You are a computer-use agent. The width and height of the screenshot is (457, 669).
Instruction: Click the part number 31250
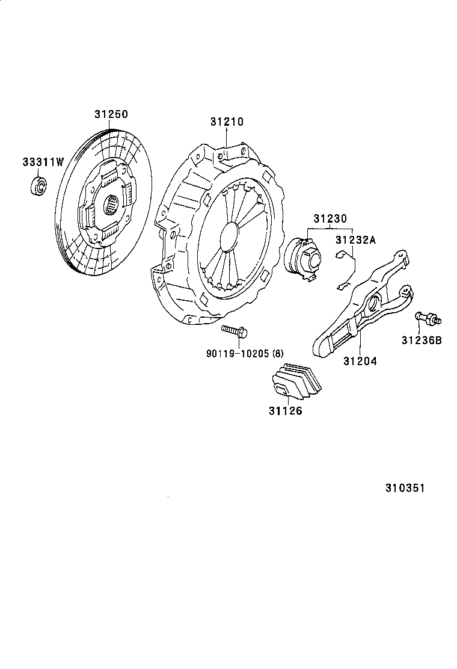click(111, 114)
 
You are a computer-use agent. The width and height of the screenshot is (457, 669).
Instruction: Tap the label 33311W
click(43, 162)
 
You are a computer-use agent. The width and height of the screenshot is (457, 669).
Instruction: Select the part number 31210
click(227, 122)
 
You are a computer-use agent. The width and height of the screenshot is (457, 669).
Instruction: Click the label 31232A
click(355, 240)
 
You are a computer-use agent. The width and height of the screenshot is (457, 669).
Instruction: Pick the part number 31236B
click(422, 340)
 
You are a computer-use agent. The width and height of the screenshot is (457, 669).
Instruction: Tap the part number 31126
click(286, 412)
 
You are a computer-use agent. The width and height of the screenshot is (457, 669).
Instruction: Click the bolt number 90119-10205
click(238, 353)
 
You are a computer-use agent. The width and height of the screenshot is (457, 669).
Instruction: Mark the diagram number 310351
click(405, 488)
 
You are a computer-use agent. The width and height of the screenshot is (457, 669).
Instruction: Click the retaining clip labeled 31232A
click(348, 271)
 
